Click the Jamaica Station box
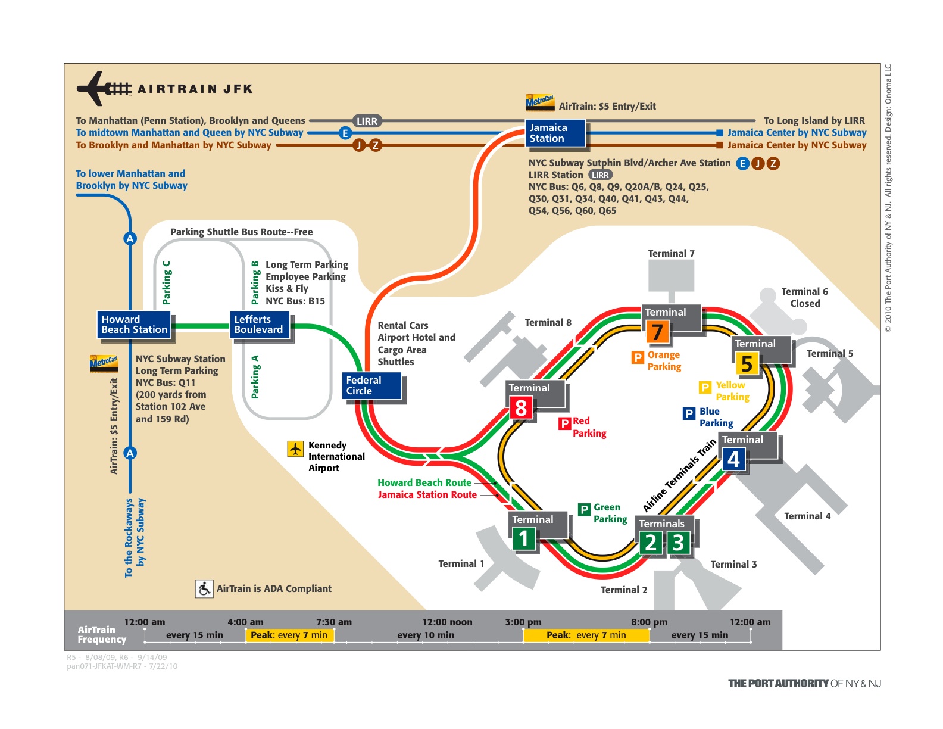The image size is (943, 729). (554, 133)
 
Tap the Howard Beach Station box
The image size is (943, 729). (135, 325)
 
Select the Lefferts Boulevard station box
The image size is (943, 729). (260, 325)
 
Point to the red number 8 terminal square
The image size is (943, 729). (521, 408)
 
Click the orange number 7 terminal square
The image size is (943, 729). (657, 332)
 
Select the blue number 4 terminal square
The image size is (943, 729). (733, 459)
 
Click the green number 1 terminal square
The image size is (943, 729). (524, 539)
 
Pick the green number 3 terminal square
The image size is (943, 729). (678, 543)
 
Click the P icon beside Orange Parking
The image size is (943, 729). (638, 357)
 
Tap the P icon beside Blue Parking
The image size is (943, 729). (689, 413)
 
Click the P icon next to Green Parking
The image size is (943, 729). (584, 509)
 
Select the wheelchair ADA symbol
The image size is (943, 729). (204, 589)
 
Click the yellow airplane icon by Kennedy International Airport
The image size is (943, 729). (295, 448)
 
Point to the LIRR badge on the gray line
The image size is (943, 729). (367, 121)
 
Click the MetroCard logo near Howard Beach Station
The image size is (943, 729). (104, 363)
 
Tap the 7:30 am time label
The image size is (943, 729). (333, 622)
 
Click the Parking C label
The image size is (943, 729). (167, 282)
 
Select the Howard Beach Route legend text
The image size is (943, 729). (424, 482)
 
